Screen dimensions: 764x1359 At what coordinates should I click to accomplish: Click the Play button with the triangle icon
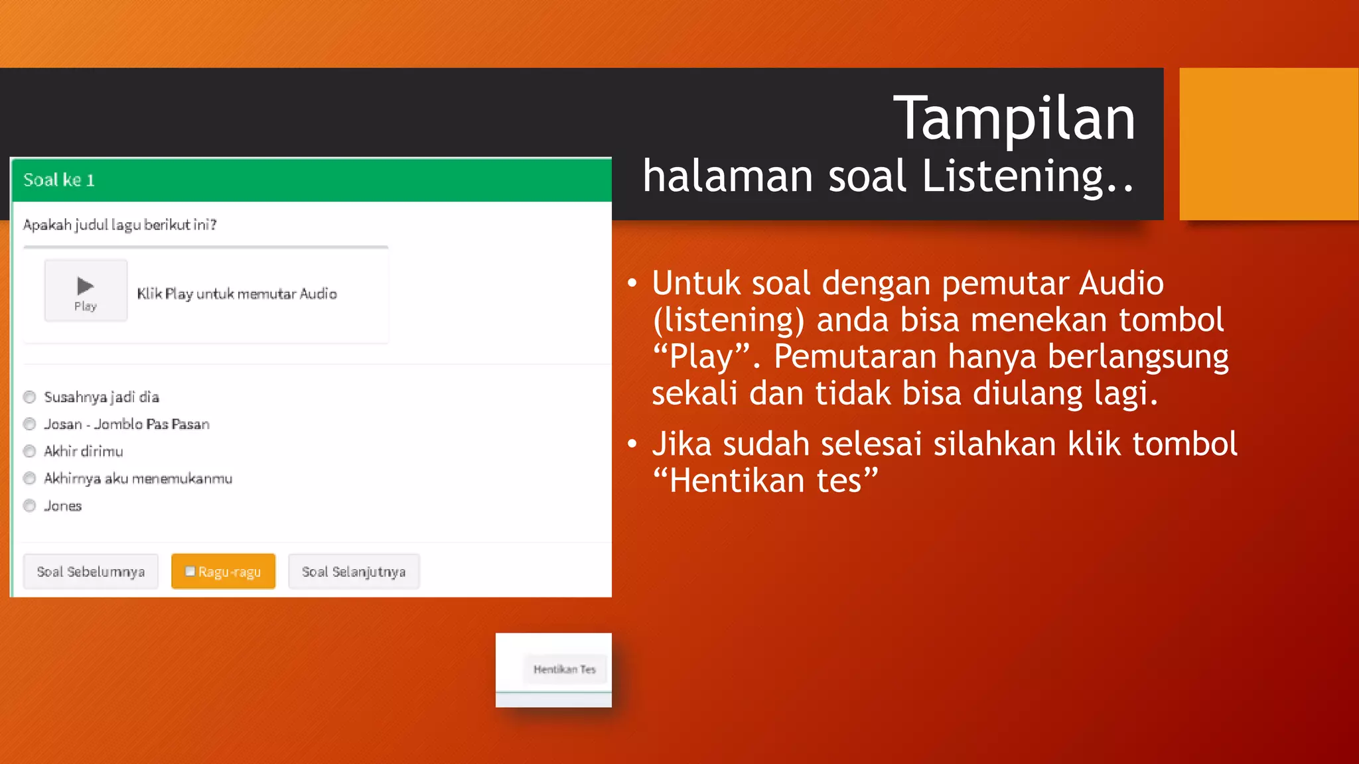86,291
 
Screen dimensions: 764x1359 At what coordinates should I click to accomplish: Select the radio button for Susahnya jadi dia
29,397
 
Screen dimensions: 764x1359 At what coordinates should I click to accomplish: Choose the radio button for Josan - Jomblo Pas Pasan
29,424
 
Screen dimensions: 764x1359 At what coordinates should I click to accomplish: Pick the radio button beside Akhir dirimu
29,452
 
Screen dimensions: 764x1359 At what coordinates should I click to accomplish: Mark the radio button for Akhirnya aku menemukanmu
29,479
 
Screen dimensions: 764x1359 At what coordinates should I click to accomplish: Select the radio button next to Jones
29,506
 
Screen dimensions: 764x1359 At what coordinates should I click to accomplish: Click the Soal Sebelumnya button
91,572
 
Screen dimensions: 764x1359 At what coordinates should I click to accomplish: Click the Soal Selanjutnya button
354,572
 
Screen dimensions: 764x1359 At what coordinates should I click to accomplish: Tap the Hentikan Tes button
564,670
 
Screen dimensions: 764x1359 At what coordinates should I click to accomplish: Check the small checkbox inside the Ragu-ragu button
190,571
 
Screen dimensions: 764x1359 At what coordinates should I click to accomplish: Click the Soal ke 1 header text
59,180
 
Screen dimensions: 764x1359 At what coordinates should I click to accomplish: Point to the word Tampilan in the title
1014,119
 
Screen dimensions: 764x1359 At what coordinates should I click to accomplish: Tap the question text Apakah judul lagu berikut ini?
120,225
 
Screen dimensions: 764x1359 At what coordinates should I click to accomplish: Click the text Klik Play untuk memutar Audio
237,294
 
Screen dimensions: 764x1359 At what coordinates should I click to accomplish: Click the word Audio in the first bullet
1121,283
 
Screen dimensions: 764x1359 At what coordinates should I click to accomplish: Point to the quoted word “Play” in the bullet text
701,356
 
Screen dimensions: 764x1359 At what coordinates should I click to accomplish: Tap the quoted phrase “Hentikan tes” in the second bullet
765,480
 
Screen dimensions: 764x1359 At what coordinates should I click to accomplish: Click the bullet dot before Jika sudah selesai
632,444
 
